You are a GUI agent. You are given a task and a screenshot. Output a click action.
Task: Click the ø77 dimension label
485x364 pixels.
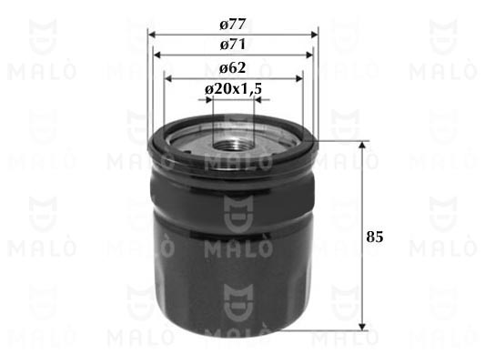point(233,25)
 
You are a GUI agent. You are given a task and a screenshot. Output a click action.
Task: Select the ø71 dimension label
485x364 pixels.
point(233,45)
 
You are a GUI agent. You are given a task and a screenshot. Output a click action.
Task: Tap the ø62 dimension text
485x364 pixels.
point(233,67)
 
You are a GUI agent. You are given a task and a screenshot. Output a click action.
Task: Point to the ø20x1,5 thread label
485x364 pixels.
point(233,89)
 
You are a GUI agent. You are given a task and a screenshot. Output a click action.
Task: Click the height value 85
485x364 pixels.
point(375,237)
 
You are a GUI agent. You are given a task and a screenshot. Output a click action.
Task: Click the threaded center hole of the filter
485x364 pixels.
point(233,145)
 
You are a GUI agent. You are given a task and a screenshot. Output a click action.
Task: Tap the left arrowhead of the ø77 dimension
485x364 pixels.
point(152,34)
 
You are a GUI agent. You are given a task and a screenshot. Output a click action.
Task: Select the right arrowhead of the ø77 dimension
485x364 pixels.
point(314,34)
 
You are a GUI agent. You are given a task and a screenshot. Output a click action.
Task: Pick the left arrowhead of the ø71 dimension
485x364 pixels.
point(157,55)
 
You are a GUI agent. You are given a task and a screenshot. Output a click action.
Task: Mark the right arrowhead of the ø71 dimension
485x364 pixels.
point(309,55)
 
